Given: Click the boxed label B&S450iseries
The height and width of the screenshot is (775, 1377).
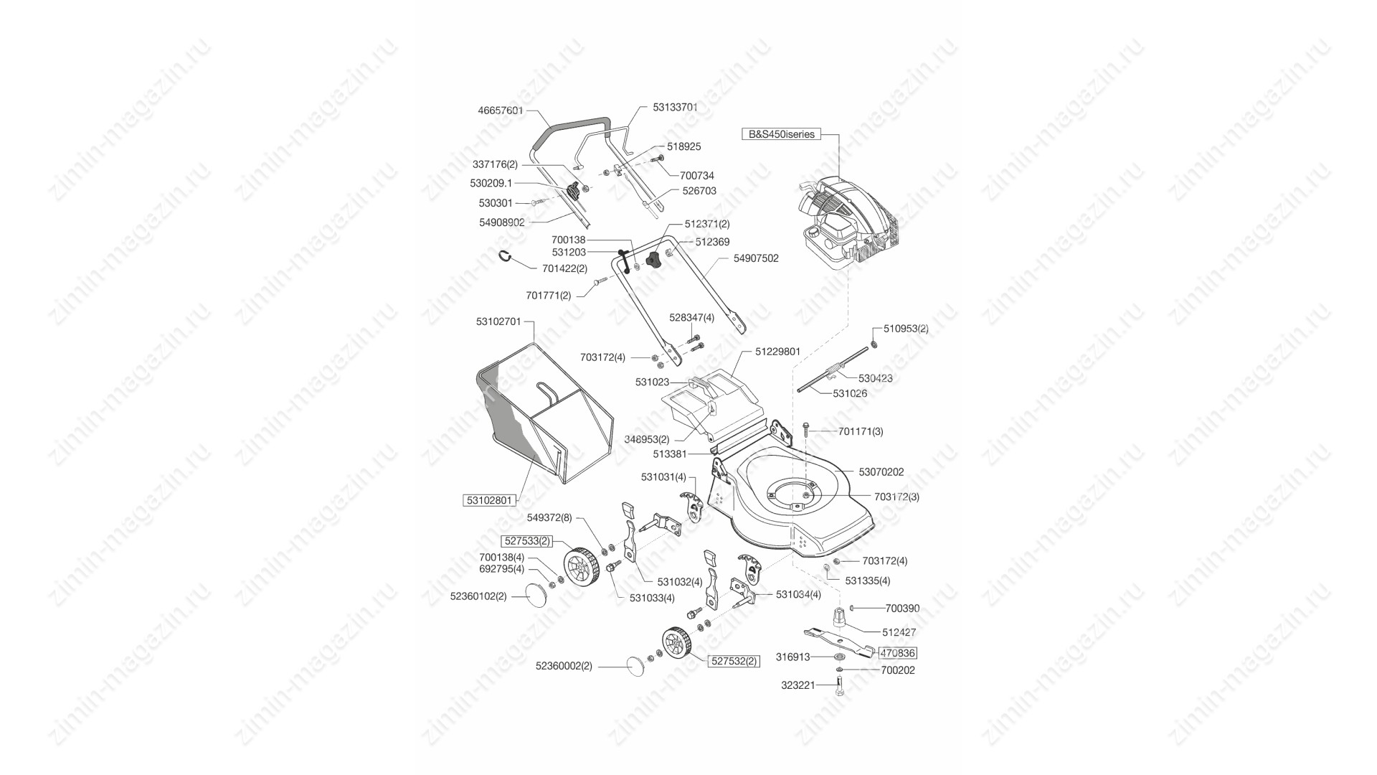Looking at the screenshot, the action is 781,134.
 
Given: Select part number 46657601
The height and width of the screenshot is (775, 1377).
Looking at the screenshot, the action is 501,111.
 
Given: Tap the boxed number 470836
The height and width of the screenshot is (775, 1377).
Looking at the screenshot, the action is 898,654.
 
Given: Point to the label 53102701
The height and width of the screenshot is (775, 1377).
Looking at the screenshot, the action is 498,322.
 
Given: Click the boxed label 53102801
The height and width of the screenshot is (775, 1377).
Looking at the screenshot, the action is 490,500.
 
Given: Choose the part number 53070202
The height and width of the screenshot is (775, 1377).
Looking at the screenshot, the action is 881,472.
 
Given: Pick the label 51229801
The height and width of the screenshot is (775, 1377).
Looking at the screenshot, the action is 777,352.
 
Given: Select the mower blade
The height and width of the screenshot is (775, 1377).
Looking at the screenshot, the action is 839,641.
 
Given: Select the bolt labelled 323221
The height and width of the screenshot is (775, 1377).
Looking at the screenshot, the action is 840,686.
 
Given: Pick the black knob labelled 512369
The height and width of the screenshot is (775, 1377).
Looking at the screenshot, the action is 653,261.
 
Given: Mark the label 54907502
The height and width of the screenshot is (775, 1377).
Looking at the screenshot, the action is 756,258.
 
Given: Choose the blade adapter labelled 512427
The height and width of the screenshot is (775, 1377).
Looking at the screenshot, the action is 838,616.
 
